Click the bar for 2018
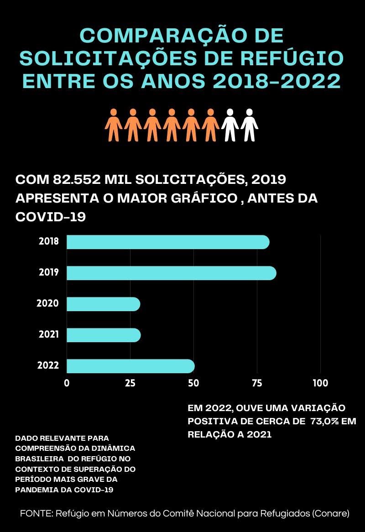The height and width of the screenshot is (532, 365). pyautogui.click(x=168, y=242)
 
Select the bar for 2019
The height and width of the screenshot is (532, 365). pyautogui.click(x=171, y=273)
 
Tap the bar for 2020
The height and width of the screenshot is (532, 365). pyautogui.click(x=103, y=304)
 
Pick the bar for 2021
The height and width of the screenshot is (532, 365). pyautogui.click(x=104, y=335)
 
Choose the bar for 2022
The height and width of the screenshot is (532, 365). pyautogui.click(x=130, y=366)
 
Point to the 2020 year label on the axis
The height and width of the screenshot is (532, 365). pyautogui.click(x=48, y=303)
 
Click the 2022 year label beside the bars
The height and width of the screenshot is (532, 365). pyautogui.click(x=48, y=365)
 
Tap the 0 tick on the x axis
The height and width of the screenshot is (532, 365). pyautogui.click(x=67, y=383)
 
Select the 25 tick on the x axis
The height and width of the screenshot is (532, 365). pyautogui.click(x=130, y=383)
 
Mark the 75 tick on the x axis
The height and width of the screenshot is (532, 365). pyautogui.click(x=257, y=383)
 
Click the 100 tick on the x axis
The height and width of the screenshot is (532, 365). pyautogui.click(x=320, y=383)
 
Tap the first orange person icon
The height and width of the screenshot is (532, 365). pyautogui.click(x=114, y=125)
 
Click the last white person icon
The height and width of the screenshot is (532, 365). pyautogui.click(x=250, y=125)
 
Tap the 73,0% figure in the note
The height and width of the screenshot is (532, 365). pyautogui.click(x=324, y=421)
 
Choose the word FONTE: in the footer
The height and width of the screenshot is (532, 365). pyautogui.click(x=36, y=513)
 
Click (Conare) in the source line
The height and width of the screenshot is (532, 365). pyautogui.click(x=331, y=513)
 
